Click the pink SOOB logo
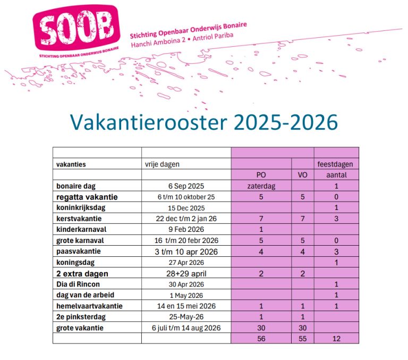[x=77, y=28]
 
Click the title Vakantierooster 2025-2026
[x=204, y=122]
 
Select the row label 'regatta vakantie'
[x=87, y=197]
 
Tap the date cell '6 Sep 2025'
[x=186, y=186]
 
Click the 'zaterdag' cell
[x=261, y=186]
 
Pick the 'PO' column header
[x=261, y=175]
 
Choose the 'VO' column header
[x=302, y=175]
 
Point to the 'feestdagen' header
[x=335, y=164]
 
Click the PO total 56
[x=261, y=338]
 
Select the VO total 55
[x=302, y=338]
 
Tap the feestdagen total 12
[x=336, y=338]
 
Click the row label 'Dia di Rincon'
[x=78, y=284]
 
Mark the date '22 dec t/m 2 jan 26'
[x=186, y=219]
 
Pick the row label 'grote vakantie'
[x=80, y=328]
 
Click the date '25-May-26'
[x=186, y=317]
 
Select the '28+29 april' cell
[x=186, y=273]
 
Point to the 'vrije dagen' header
[x=162, y=164]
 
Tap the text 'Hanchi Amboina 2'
[x=158, y=43]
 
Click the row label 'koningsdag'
[x=75, y=262]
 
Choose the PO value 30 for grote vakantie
[x=261, y=328]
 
